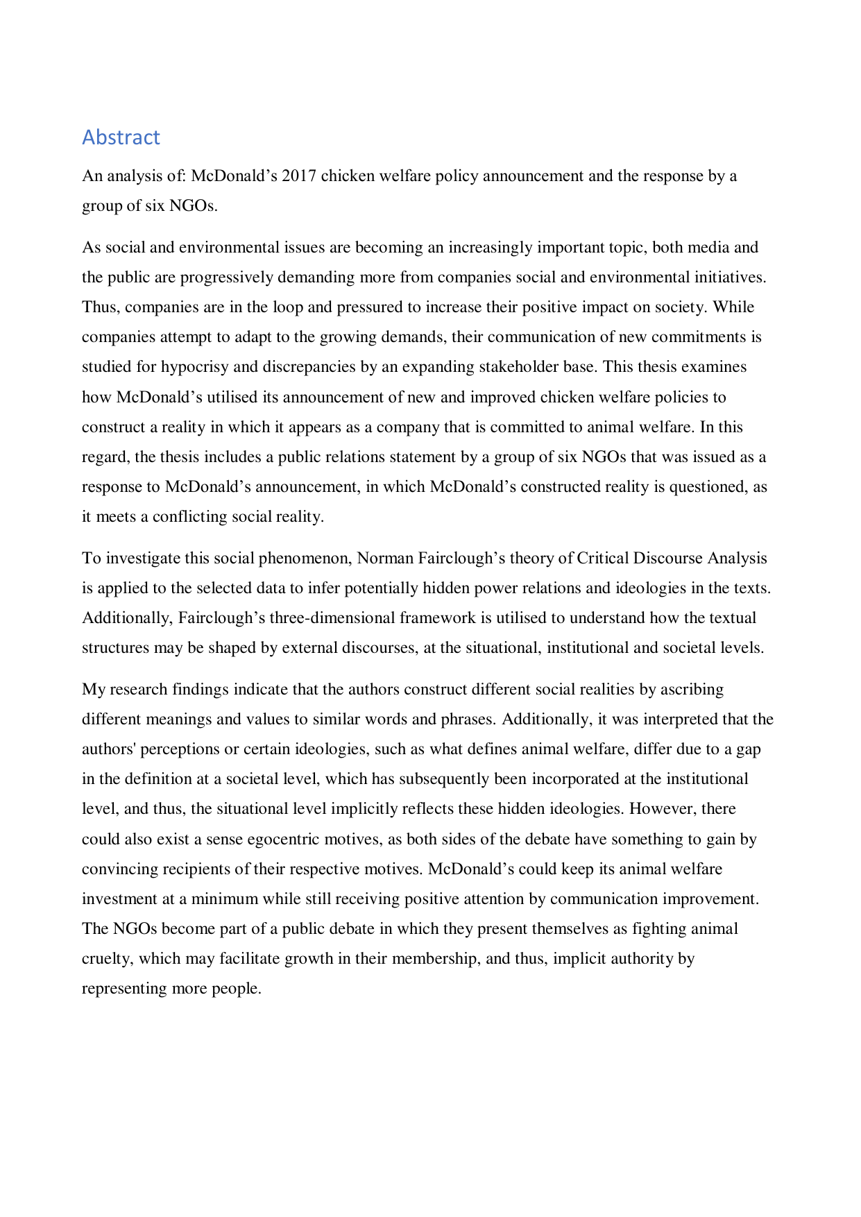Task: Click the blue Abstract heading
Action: pyautogui.click(x=121, y=137)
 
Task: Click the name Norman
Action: pyautogui.click(x=384, y=559)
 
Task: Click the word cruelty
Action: pyautogui.click(x=105, y=959)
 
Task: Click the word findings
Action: pyautogui.click(x=201, y=690)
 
